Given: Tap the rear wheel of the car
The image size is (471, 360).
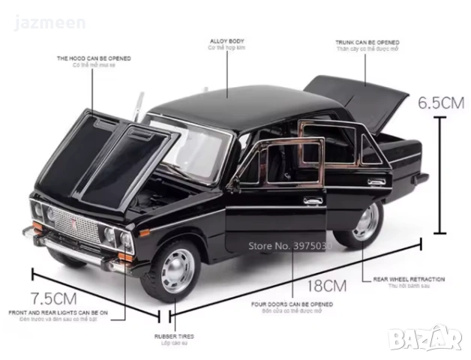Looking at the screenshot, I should (x=365, y=221).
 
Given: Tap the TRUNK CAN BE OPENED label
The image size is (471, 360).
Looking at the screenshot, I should (x=367, y=43).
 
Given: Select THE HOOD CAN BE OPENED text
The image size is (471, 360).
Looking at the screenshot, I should (x=94, y=58).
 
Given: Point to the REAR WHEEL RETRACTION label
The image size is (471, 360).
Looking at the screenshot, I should (x=409, y=279).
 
